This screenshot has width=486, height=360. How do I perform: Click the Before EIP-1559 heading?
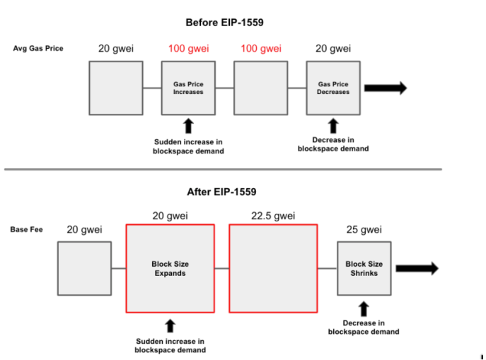coord(224,23)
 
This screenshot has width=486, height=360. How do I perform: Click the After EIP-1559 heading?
coord(221,192)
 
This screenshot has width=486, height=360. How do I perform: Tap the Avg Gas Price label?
coord(38,48)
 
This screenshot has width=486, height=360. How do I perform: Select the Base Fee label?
coord(26,230)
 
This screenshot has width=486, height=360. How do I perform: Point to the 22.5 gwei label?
coord(273,216)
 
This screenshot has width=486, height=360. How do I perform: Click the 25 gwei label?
coord(364,230)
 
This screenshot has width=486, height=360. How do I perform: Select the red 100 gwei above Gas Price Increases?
coord(188,48)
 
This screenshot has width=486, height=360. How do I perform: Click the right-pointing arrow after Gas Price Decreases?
coord(386,88)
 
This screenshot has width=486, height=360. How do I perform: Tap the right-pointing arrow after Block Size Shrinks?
coord(417,268)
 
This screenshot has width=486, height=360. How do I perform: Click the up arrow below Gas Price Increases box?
coord(188,126)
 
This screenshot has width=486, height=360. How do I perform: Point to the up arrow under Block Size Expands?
coord(170,326)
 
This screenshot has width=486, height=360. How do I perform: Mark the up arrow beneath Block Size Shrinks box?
coord(364,309)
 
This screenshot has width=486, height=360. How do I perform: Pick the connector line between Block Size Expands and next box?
coord(221,268)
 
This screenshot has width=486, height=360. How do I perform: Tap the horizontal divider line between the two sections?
coord(223,170)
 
